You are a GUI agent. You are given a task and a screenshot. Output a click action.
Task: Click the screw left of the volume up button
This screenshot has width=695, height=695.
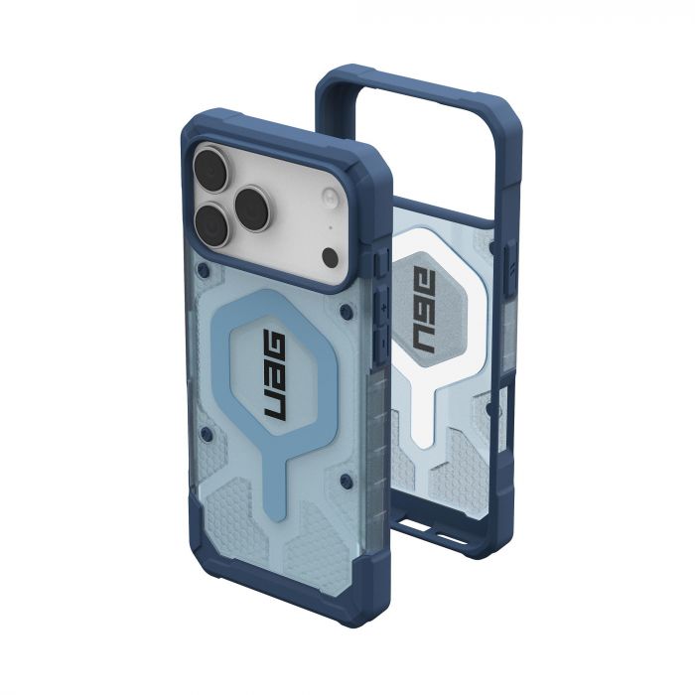tap(344, 311)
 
